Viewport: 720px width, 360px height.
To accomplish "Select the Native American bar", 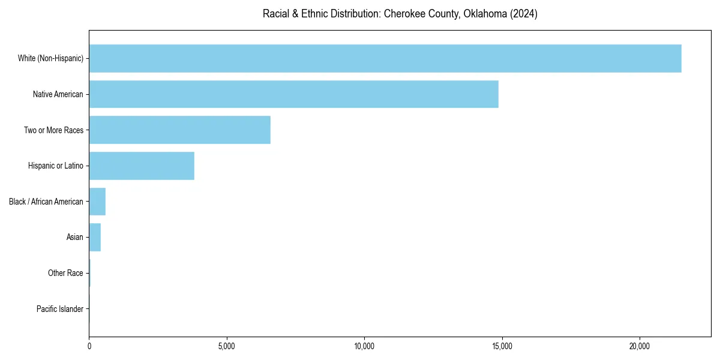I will click(293, 94).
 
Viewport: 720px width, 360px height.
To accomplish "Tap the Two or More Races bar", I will click(179, 130).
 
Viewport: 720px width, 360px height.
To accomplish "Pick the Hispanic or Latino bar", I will click(142, 166).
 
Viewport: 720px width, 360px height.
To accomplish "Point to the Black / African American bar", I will click(97, 202).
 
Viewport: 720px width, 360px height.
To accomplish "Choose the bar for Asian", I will click(95, 238).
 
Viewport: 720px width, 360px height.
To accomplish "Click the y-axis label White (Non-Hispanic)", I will click(50, 59).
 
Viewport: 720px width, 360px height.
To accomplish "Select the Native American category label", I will click(58, 94).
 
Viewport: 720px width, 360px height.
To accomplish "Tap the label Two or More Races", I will click(53, 130).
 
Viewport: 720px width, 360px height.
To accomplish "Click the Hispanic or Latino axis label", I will click(55, 166).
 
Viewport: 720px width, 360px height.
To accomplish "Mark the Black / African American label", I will click(46, 202).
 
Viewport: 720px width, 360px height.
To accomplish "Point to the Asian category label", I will click(74, 238).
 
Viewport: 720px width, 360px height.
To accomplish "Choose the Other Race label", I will click(65, 274).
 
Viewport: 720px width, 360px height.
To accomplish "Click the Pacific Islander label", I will click(60, 309).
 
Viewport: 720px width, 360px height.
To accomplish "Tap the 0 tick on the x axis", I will click(89, 346).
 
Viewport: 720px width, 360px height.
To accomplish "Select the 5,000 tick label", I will click(227, 346).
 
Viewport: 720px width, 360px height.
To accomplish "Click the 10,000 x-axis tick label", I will click(364, 346).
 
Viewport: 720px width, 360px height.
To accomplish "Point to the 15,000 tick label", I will click(502, 346).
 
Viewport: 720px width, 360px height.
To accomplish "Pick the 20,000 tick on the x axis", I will click(640, 346).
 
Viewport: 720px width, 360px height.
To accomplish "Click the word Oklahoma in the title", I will click(484, 14).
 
